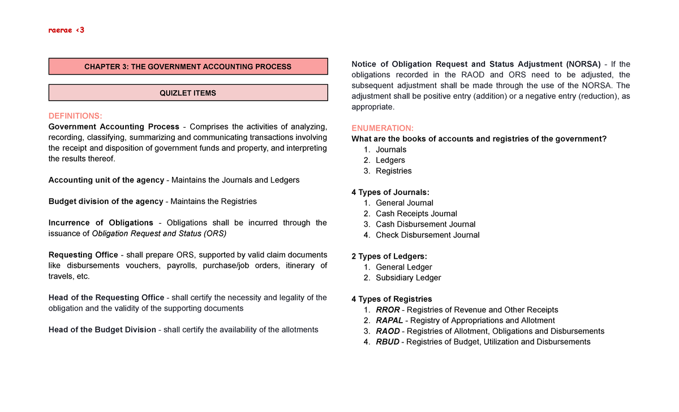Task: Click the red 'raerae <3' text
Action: (x=66, y=30)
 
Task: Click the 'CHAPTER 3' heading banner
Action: (x=188, y=67)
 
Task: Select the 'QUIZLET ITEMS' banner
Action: (x=188, y=93)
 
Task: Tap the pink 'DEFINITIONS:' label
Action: (x=75, y=116)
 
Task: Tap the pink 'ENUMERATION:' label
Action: (x=383, y=128)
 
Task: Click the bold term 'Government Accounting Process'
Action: (x=114, y=127)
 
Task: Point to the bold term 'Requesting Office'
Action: (x=83, y=255)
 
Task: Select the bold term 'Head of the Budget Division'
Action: (x=102, y=329)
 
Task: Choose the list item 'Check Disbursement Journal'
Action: (x=427, y=235)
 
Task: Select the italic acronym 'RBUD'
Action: (x=388, y=342)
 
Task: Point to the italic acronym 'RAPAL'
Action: (x=389, y=320)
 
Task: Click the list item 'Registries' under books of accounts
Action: (x=393, y=171)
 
